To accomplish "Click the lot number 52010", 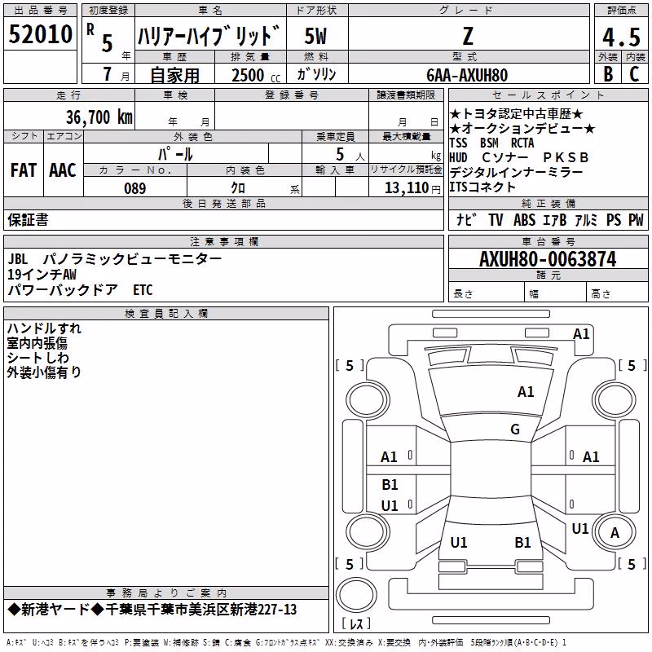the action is (40, 34).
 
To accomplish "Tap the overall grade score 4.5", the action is (621, 37).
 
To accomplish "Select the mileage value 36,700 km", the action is (99, 117).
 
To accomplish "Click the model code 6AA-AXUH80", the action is (467, 75).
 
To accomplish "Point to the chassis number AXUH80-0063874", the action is (548, 259).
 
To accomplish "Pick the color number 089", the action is (135, 188).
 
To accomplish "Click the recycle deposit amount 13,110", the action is (406, 188).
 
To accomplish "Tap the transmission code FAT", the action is (24, 170).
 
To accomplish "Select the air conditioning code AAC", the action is (63, 170).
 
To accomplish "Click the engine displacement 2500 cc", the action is (256, 75).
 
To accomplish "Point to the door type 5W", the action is (315, 36).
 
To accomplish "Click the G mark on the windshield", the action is (515, 429).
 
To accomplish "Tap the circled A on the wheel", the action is (615, 533).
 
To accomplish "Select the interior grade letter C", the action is (634, 74).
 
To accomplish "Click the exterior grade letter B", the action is (608, 74).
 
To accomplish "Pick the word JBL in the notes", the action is (18, 259).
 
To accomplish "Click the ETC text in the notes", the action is (143, 290).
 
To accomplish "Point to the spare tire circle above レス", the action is (356, 595).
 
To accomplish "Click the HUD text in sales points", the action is (458, 157).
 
